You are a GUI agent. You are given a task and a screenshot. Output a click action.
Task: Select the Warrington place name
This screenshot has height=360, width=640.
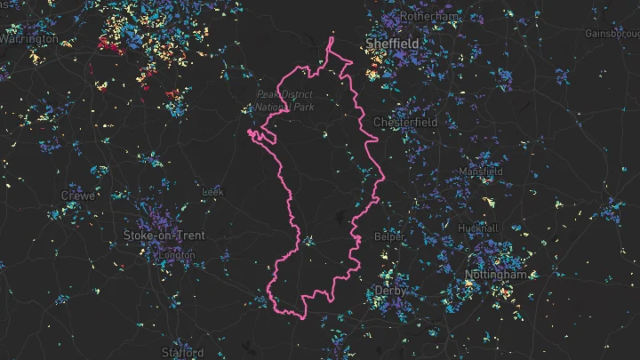point(29,39)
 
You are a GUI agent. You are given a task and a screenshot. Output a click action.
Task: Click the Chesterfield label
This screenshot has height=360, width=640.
point(405,122)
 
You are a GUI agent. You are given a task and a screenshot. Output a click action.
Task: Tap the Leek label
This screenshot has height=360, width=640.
point(213,191)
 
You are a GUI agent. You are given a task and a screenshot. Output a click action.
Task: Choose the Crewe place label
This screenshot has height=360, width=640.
point(77,195)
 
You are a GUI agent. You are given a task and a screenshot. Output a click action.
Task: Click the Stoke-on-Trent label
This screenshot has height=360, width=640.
point(164,236)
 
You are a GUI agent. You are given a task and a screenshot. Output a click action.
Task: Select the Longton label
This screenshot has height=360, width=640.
point(176,255)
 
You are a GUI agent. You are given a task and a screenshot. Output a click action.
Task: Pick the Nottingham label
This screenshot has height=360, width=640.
point(501,276)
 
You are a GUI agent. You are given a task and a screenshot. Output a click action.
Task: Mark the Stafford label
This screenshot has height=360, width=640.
point(181,353)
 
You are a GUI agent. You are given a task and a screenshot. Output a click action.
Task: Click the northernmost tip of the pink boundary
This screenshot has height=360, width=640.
point(332,37)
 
